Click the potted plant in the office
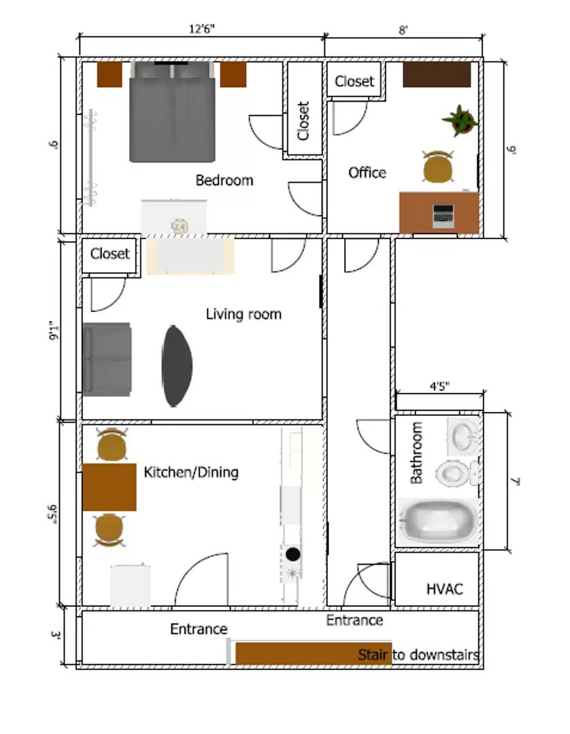click(460, 120)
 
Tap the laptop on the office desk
click(443, 215)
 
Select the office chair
click(437, 167)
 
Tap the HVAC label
click(444, 589)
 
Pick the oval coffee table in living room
click(177, 366)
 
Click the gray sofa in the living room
click(107, 358)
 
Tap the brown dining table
click(109, 487)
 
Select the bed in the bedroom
click(173, 112)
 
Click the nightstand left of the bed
click(109, 74)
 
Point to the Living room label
click(244, 314)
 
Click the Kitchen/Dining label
click(191, 472)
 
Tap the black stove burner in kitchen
click(293, 553)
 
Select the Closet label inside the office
click(354, 82)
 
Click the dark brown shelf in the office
click(437, 74)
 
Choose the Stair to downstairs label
click(418, 655)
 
